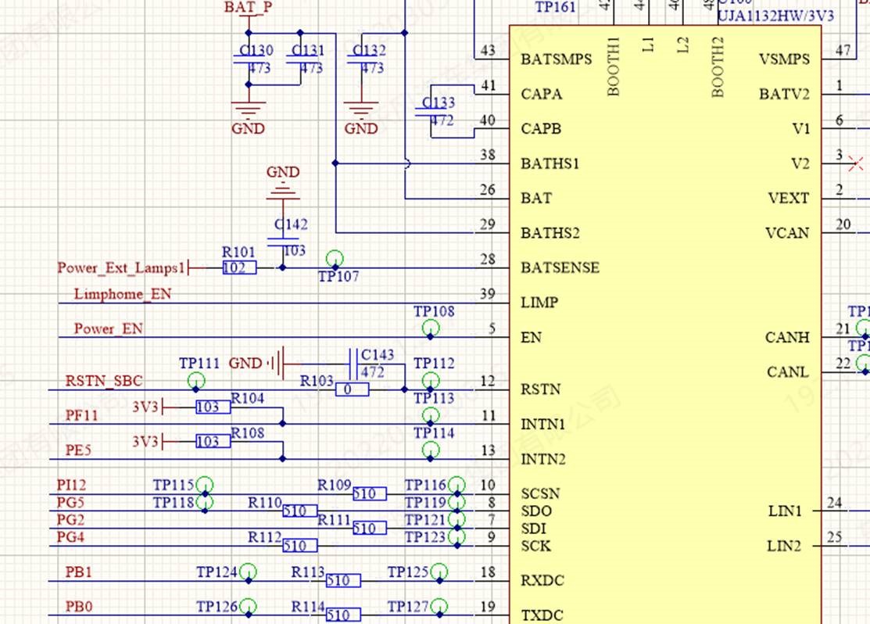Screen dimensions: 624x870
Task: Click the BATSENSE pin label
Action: click(x=560, y=267)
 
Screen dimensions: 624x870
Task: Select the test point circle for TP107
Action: click(x=335, y=259)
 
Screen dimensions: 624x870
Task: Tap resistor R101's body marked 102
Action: click(x=239, y=268)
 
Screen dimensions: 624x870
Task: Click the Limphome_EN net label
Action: click(x=123, y=294)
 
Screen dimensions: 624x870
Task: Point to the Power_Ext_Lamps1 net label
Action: click(x=121, y=268)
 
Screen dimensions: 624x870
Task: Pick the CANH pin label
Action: click(x=787, y=338)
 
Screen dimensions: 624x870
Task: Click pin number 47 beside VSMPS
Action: click(x=843, y=50)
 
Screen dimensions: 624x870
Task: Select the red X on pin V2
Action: click(x=856, y=163)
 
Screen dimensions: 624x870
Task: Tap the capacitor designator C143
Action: click(x=378, y=355)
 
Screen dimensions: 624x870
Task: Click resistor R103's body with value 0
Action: click(x=352, y=389)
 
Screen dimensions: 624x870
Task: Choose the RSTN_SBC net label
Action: click(x=104, y=381)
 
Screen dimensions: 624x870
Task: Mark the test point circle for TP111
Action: click(x=198, y=381)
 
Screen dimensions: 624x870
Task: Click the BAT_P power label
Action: click(x=248, y=8)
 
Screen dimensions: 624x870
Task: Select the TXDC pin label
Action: click(x=542, y=615)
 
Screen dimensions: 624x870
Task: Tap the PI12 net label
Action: click(x=71, y=486)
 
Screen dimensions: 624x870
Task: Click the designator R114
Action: click(x=308, y=607)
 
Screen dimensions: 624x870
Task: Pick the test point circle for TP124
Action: click(x=249, y=572)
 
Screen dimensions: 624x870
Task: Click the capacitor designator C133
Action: click(x=439, y=103)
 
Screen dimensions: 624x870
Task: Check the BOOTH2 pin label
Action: click(x=718, y=67)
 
